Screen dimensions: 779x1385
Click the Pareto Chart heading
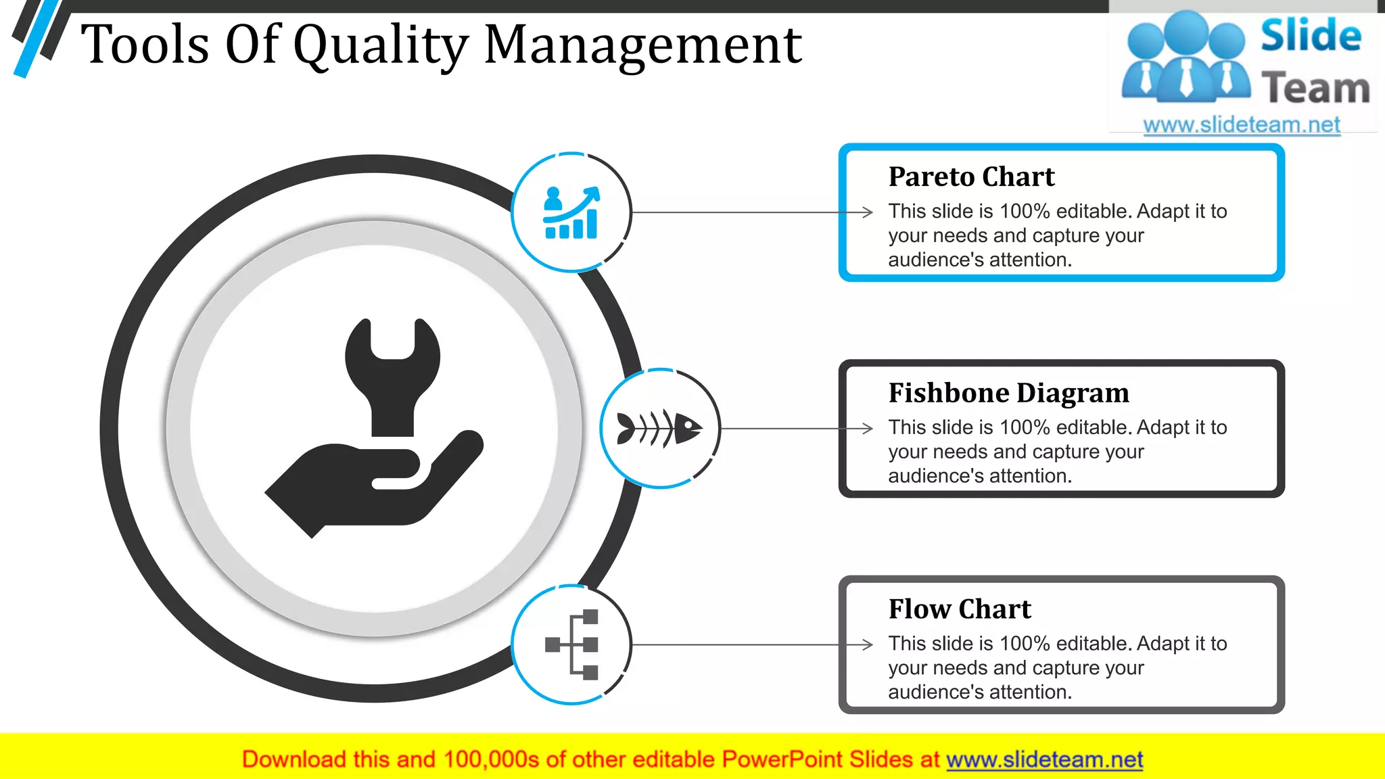pyautogui.click(x=971, y=177)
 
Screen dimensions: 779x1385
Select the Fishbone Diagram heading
pyautogui.click(x=1008, y=393)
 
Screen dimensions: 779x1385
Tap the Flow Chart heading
pyautogui.click(x=960, y=609)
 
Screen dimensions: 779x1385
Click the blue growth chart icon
pyautogui.click(x=571, y=212)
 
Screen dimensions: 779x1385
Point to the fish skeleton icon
pyautogui.click(x=659, y=429)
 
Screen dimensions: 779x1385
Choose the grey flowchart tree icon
pyautogui.click(x=572, y=644)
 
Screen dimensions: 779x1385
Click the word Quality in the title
pyautogui.click(x=381, y=45)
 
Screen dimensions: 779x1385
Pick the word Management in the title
pyautogui.click(x=642, y=45)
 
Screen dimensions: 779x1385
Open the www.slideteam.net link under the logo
pyautogui.click(x=1242, y=125)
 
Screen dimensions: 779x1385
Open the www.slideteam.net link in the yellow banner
pyautogui.click(x=1044, y=760)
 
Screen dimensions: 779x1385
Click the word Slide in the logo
pyautogui.click(x=1311, y=36)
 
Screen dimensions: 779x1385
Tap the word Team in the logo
pyautogui.click(x=1315, y=89)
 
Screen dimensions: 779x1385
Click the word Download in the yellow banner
pyautogui.click(x=294, y=760)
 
